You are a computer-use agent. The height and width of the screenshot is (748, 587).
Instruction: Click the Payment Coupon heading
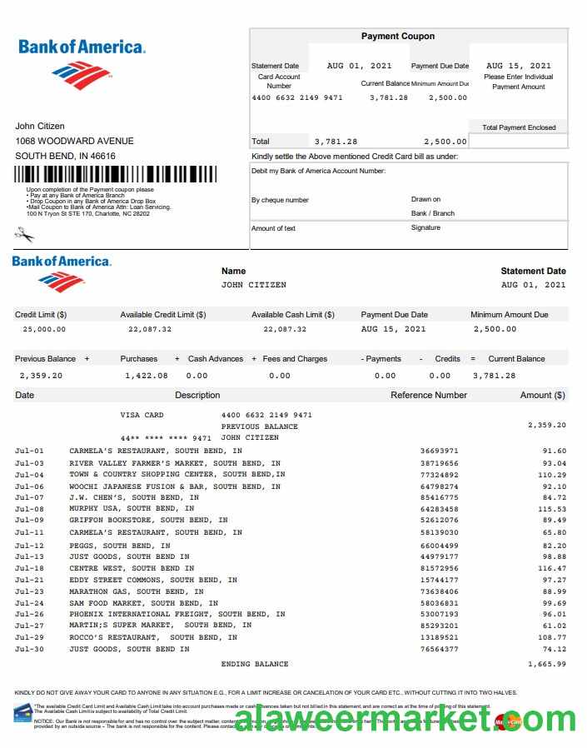(397, 37)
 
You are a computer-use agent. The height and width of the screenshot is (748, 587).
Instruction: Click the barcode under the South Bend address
(116, 174)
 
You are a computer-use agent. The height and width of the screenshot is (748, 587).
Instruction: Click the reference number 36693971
(439, 451)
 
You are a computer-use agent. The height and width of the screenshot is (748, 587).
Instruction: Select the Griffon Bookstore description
(138, 521)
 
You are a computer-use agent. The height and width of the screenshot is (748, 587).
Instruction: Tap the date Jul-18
(29, 569)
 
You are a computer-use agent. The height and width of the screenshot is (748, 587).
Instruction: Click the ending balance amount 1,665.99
(547, 664)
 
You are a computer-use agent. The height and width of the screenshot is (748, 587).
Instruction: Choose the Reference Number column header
(429, 395)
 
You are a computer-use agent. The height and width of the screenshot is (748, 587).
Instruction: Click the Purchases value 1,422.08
(146, 376)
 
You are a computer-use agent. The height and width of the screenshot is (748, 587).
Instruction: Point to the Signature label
(425, 228)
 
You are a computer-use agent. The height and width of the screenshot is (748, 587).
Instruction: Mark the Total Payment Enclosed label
(519, 127)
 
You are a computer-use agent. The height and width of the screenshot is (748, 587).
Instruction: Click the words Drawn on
(425, 200)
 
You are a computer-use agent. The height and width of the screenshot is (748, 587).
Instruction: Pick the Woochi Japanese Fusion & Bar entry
(175, 486)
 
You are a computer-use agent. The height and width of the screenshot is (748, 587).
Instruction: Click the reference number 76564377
(439, 649)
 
